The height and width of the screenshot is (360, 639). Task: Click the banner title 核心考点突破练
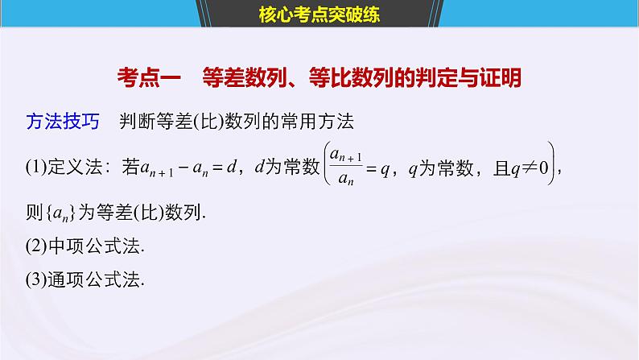pyautogui.click(x=319, y=13)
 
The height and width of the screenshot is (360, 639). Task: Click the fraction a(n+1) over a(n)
pyautogui.click(x=351, y=168)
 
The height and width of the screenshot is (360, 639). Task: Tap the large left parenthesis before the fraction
pyautogui.click(x=327, y=168)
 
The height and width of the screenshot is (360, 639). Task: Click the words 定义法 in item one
pyautogui.click(x=76, y=168)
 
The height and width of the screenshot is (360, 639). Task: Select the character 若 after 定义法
pyautogui.click(x=130, y=168)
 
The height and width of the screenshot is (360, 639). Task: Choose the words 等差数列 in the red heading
pyautogui.click(x=242, y=79)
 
